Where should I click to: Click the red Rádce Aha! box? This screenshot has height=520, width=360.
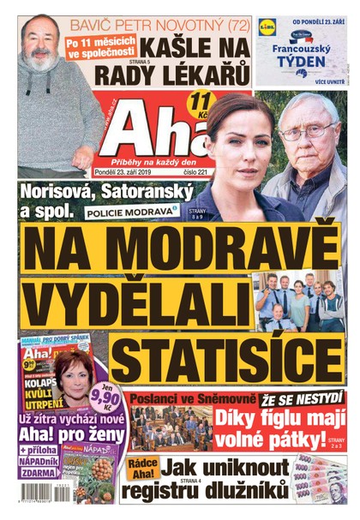click(141, 469)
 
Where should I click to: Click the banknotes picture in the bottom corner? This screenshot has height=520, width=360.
click(321, 481)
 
